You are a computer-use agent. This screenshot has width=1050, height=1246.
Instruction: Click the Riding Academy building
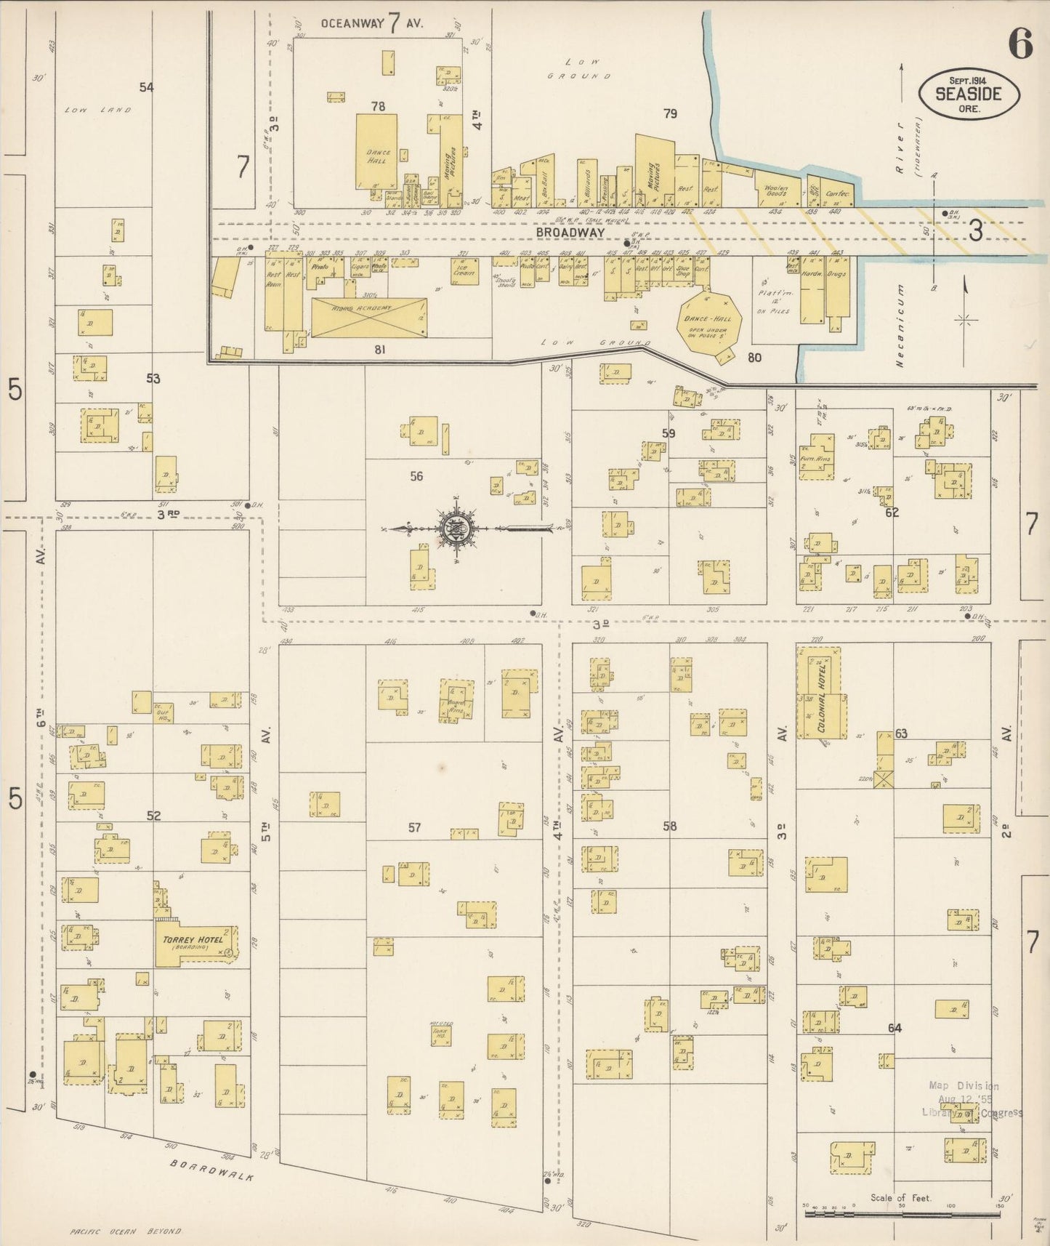(369, 317)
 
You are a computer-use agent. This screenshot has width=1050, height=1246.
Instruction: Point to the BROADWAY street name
(570, 232)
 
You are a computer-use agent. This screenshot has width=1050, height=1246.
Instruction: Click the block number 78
(378, 107)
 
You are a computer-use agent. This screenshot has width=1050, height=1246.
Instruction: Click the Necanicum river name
(899, 326)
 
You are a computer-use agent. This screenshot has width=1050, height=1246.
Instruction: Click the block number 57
(414, 827)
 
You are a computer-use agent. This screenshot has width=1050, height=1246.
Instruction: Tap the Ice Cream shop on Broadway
(464, 271)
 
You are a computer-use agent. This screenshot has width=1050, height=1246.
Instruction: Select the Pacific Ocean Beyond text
(125, 1231)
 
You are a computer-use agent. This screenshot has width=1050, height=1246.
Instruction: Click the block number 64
(894, 1028)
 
